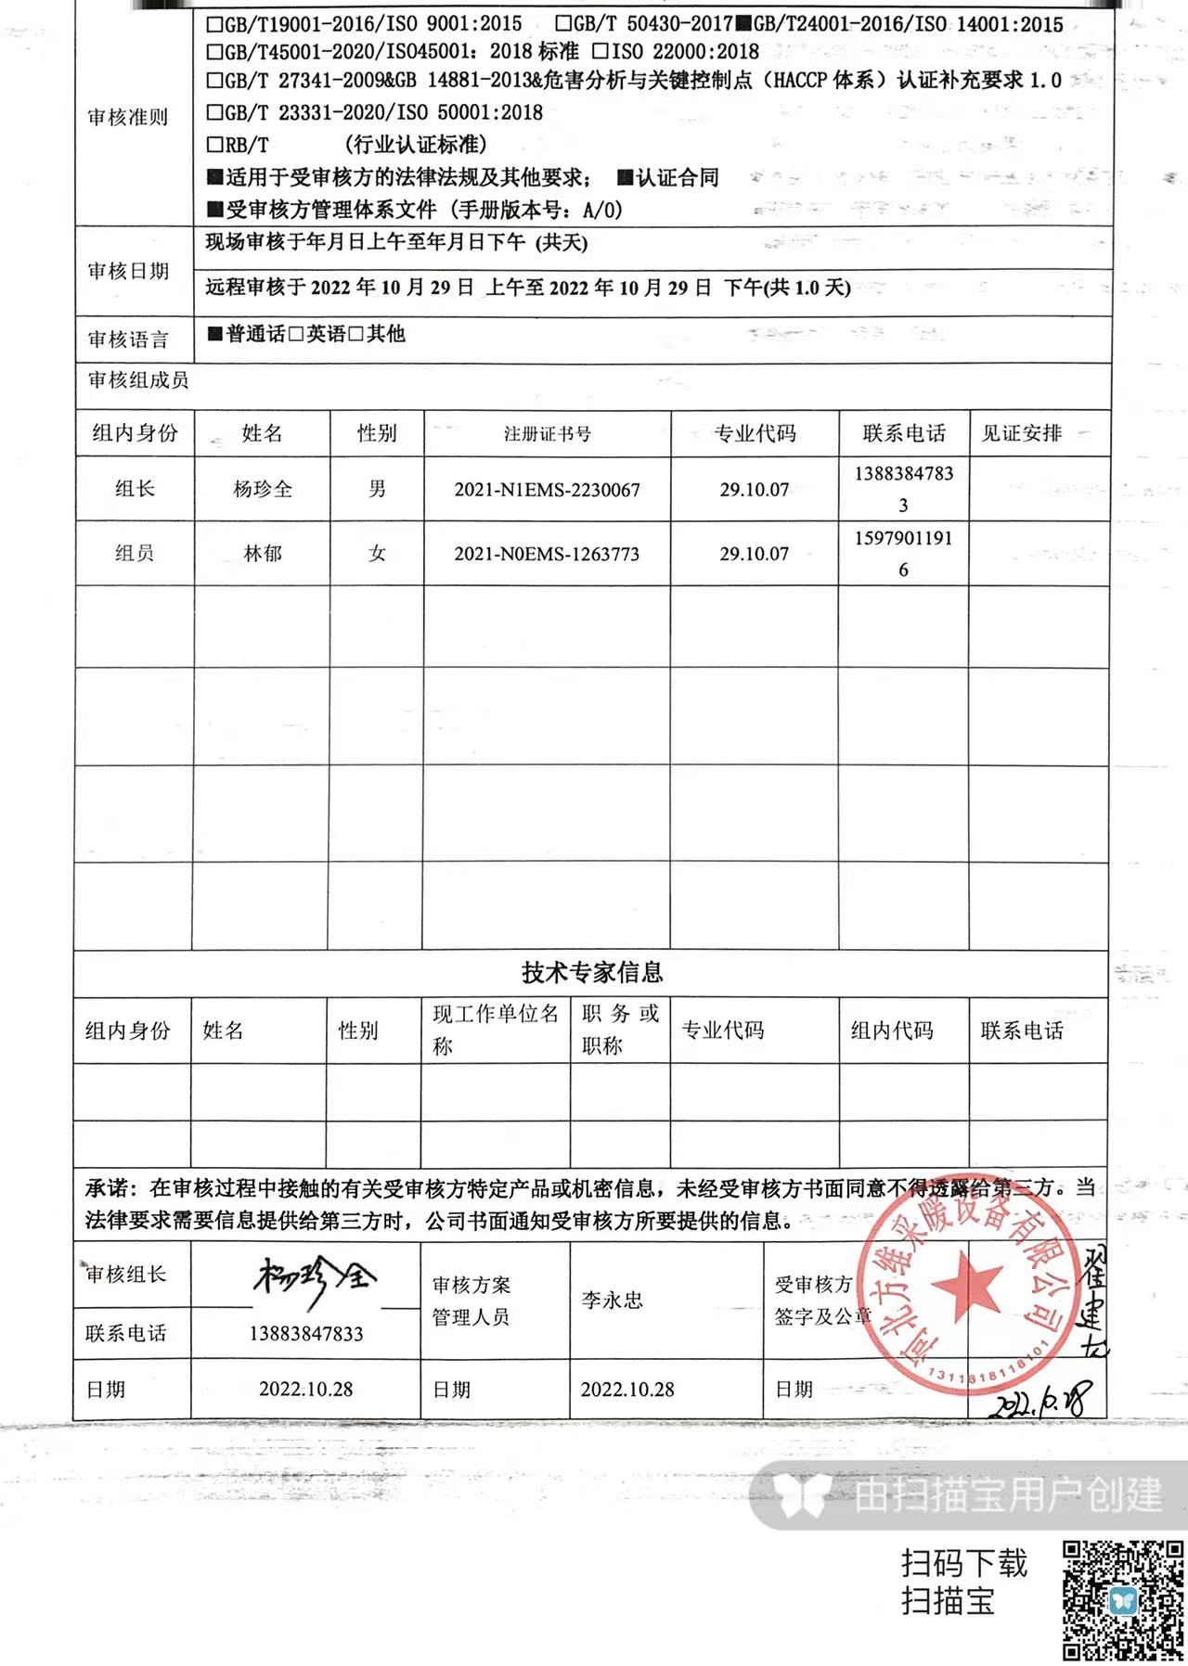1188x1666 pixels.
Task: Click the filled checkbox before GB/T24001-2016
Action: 743,24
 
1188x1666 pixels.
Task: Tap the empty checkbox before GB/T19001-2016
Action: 215,24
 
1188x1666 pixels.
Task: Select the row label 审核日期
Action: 128,271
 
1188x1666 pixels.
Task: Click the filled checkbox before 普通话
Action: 215,334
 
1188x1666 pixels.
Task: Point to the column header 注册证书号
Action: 547,434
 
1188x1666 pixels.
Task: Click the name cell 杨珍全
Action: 263,489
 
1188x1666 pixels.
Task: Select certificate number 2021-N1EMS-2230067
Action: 547,490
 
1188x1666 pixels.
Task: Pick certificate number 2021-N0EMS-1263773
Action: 547,554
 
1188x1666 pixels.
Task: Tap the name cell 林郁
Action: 263,554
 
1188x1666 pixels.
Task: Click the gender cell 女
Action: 377,554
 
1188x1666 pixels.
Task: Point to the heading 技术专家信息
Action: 592,972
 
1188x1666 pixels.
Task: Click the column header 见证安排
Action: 1022,433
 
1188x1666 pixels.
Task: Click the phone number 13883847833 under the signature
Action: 306,1334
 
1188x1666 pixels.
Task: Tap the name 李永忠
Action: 613,1301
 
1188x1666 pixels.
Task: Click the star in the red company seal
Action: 965,1286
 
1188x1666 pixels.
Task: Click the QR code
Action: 1123,1599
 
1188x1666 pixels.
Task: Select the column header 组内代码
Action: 892,1031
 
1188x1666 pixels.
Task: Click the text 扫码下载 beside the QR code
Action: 964,1563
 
